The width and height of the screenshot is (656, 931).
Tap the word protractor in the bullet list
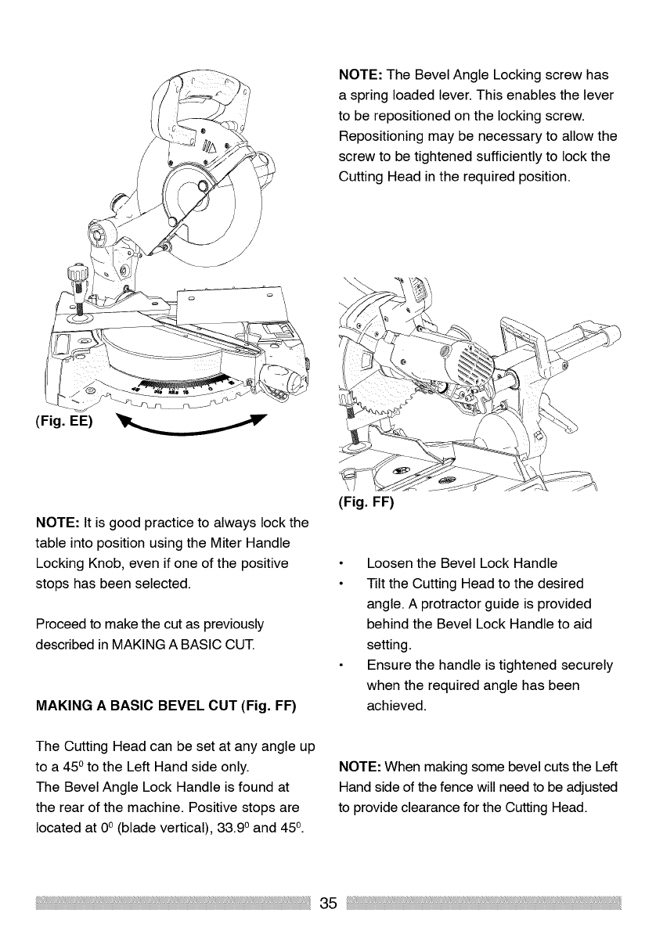(x=485, y=604)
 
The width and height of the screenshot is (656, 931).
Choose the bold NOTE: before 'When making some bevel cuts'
(x=360, y=767)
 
